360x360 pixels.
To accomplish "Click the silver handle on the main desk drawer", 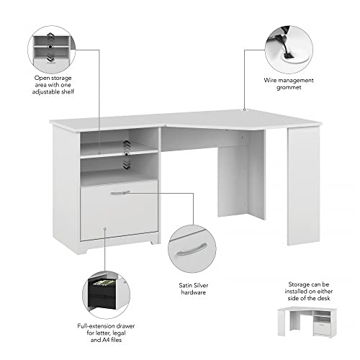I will tap(120, 192).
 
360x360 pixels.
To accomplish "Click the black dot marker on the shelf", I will tap(127, 153).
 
